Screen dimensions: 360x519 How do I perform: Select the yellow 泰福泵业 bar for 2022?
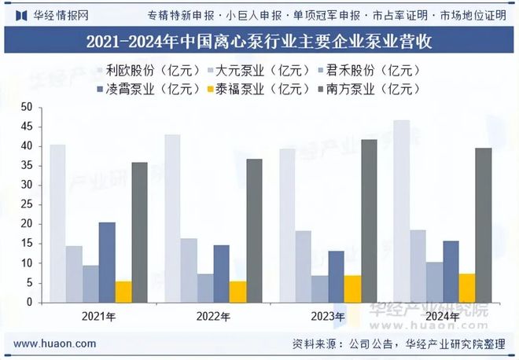coord(237,292)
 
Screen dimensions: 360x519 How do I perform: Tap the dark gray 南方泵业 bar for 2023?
coord(368,221)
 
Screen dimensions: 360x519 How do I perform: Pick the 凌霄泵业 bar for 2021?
coord(107,263)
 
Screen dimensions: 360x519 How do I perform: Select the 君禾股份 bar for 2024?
coord(434,282)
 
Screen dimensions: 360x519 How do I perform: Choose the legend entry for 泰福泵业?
coord(267,88)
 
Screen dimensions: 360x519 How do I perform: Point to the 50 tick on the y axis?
coord(27,107)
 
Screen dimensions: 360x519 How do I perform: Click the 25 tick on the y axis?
coord(27,204)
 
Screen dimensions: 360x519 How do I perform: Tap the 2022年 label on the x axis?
coord(213,317)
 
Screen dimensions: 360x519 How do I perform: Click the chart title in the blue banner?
coord(259,40)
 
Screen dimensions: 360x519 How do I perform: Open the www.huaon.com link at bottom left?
coord(56,343)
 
